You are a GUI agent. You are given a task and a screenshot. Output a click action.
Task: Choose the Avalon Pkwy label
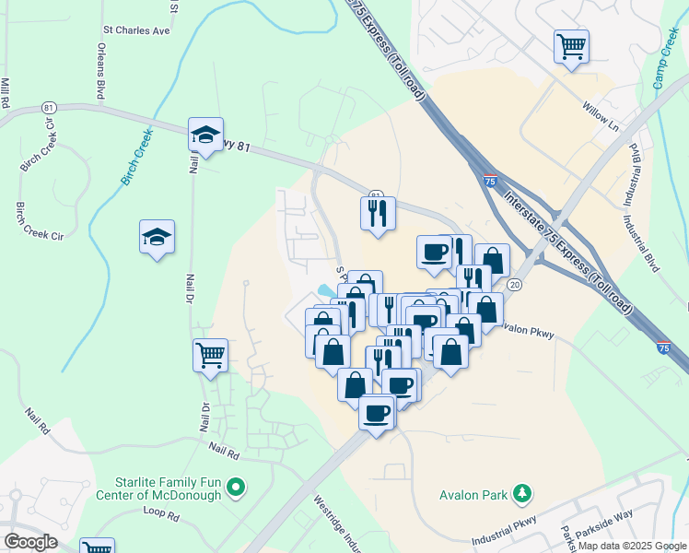[x=528, y=333]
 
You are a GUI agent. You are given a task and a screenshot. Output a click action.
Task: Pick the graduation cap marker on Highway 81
[x=206, y=134]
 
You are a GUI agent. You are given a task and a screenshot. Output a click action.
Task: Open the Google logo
[x=30, y=541]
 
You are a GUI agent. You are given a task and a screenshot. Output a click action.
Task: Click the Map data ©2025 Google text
[x=632, y=546]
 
